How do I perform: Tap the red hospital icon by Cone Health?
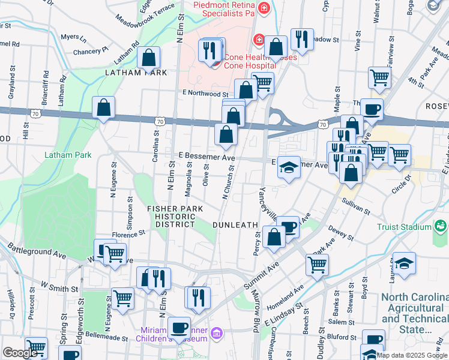pyautogui.click(x=259, y=40)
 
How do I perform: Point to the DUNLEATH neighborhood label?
pyautogui.click(x=235, y=224)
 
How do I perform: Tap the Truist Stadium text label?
pyautogui.click(x=404, y=227)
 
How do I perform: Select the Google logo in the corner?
pyautogui.click(x=20, y=353)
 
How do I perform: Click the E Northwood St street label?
pyautogui.click(x=205, y=94)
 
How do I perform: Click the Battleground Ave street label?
pyautogui.click(x=37, y=250)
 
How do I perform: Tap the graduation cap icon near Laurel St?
pyautogui.click(x=404, y=264)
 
